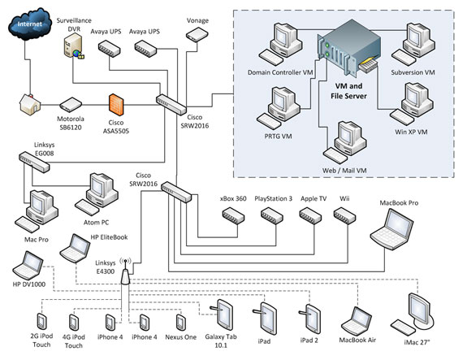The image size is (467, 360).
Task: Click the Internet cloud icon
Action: coord(30,24)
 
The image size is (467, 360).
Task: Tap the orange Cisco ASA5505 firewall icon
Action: coord(116,105)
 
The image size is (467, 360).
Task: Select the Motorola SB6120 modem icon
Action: coord(71,105)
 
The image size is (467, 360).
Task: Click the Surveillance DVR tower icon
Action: coord(73,46)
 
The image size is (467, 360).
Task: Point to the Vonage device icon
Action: coord(197,35)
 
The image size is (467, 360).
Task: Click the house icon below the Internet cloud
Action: coord(30,104)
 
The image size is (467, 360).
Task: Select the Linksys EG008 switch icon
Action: coord(35,162)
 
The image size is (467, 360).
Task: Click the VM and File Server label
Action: coord(348,91)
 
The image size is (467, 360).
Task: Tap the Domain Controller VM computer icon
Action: coord(280,44)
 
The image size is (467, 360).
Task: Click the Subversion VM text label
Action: coord(413,72)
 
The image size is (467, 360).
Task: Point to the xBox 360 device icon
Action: coord(234,215)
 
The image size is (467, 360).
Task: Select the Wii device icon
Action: coord(344,215)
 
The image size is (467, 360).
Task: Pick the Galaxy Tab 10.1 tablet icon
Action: coord(222,315)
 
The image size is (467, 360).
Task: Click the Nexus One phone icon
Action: coord(180,323)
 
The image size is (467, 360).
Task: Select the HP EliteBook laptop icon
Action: coord(75,249)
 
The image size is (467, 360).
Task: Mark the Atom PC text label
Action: coord(96,223)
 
